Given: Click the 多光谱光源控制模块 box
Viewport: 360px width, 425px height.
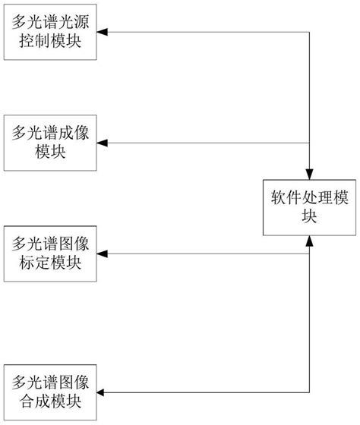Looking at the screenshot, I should pos(52,33).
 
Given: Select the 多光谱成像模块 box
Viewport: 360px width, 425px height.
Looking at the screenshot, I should pos(52,142).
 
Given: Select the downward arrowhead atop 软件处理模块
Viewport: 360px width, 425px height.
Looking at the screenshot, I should pos(309,173).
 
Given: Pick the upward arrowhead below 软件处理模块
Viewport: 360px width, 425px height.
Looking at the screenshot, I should pos(309,241).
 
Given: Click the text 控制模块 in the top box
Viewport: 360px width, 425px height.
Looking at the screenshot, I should pos(52,42).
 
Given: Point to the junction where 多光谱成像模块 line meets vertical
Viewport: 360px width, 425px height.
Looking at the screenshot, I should pos(309,143).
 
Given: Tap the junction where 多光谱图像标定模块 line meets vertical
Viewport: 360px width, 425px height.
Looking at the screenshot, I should pos(309,253).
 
